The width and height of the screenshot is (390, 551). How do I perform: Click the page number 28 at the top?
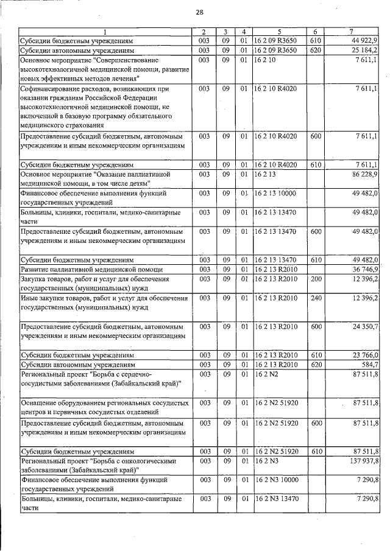(x=199, y=12)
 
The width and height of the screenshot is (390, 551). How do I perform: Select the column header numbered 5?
(x=278, y=32)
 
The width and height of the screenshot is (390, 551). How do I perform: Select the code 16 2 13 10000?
(x=277, y=193)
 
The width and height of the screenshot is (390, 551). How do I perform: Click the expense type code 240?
(x=316, y=298)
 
